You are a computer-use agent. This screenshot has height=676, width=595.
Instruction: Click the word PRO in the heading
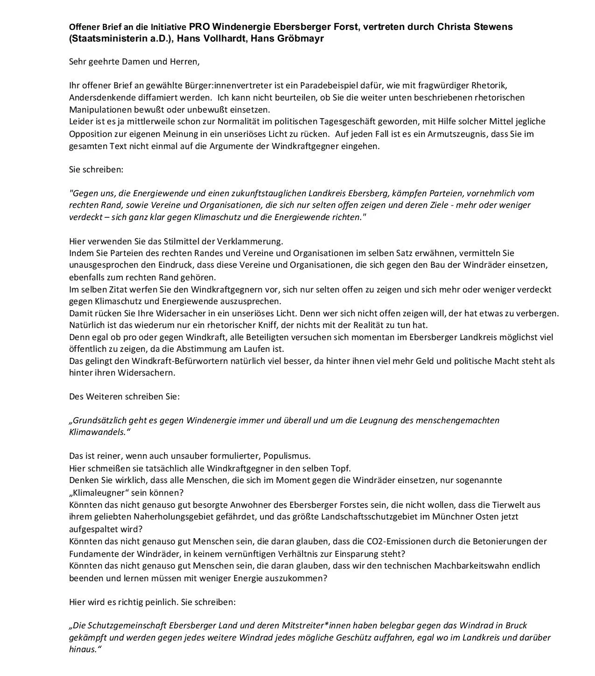coord(199,27)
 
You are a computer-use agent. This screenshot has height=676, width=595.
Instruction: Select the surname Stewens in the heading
coord(494,27)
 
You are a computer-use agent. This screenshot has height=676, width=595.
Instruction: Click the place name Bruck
coord(516,625)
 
